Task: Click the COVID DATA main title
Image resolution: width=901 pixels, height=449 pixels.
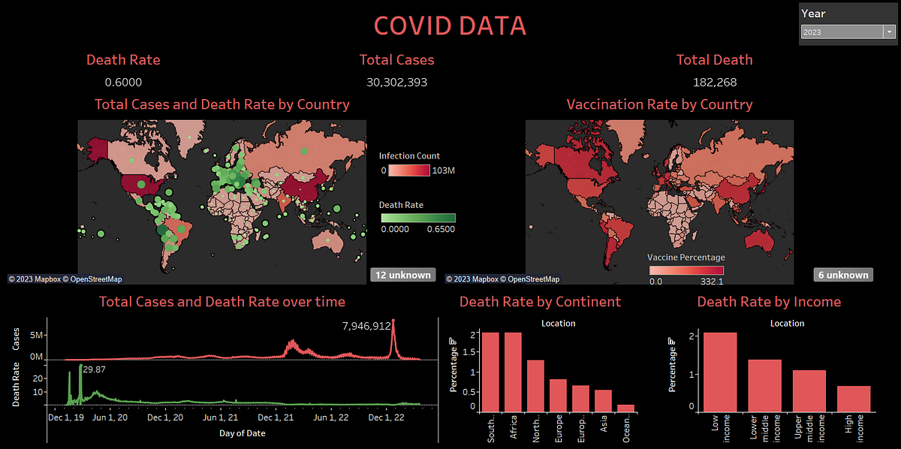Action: [450, 26]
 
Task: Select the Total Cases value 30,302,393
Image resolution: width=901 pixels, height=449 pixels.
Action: [396, 82]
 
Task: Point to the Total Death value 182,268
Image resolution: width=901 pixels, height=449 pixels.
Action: [714, 82]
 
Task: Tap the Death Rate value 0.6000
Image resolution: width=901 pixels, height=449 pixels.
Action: [123, 82]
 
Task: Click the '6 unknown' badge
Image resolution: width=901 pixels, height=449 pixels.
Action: [842, 275]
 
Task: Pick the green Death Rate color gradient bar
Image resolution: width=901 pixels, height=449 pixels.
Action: [417, 218]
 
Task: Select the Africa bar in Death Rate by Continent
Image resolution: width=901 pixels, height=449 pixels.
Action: [514, 372]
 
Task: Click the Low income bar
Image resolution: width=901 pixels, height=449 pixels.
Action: [720, 372]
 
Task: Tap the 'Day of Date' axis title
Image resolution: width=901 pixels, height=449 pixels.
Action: [242, 432]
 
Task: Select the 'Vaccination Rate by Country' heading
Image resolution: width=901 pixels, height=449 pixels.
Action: [659, 104]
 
